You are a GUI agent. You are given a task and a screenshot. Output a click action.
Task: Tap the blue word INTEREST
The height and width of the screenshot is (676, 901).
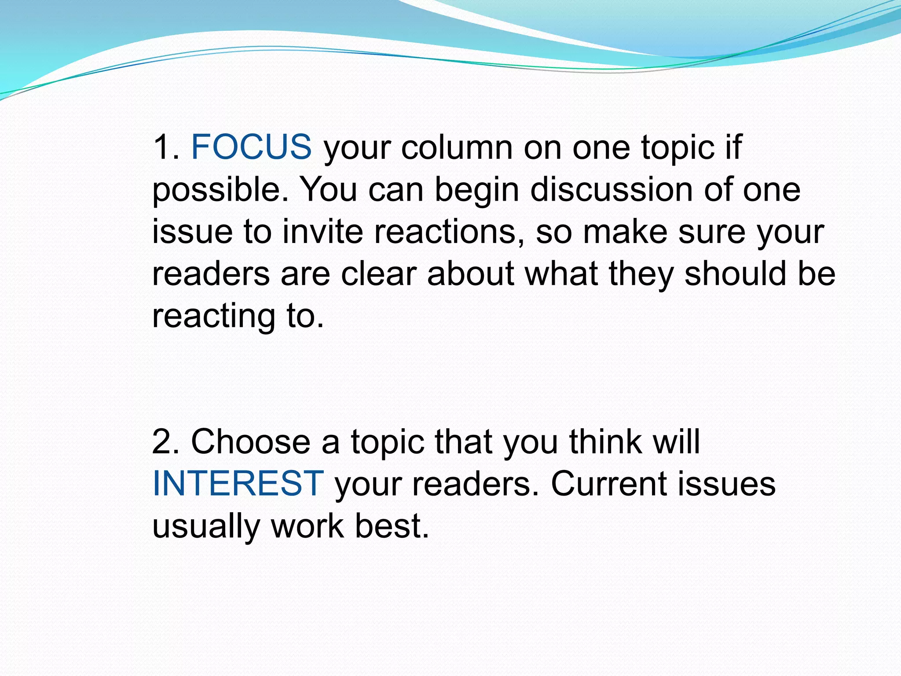(x=238, y=484)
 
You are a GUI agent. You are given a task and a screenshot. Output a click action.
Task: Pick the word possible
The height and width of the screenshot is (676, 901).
(x=220, y=190)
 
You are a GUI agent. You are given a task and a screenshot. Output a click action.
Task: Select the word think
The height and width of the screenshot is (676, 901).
(x=605, y=441)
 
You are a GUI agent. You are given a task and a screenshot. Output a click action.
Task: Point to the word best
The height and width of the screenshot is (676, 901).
(x=392, y=526)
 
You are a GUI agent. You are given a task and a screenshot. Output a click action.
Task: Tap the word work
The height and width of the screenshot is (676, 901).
(x=307, y=526)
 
